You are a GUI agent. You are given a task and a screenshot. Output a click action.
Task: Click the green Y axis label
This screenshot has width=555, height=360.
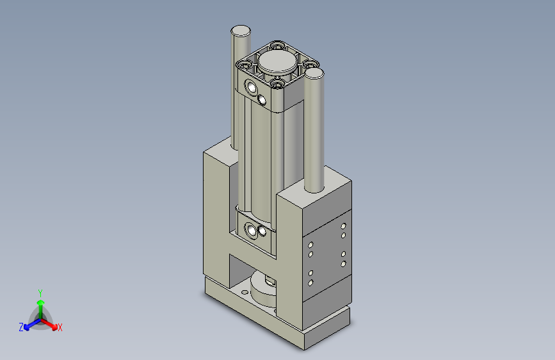coord(40,293)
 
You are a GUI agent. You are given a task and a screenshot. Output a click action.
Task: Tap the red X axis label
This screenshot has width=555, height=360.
coord(60,327)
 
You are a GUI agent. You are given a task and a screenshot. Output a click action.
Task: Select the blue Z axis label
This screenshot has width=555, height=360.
coord(21,327)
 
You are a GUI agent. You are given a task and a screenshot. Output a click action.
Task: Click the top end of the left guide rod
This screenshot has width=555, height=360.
coord(241,31)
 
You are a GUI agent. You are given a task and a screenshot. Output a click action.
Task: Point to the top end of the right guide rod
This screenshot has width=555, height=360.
coord(314,73)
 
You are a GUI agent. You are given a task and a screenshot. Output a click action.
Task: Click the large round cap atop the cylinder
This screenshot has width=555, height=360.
coord(277,61)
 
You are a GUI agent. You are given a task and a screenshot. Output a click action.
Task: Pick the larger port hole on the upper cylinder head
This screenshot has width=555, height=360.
coord(252,87)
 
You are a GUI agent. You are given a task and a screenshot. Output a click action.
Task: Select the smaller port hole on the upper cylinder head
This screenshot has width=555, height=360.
coord(262,99)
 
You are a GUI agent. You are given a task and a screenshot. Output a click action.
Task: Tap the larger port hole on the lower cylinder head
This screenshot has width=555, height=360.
coord(252,231)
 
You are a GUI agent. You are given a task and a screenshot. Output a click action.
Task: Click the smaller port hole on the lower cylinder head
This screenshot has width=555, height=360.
coord(262,231)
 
